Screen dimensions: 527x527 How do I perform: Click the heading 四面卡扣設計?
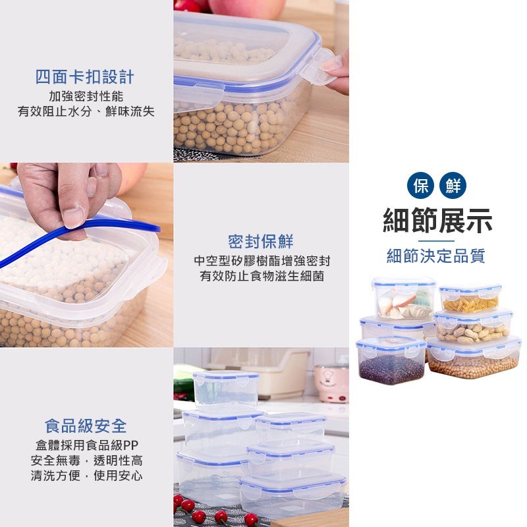85,77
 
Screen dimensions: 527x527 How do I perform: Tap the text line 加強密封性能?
86,96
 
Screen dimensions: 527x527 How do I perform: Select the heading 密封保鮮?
261,241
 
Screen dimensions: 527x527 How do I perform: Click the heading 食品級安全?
86,426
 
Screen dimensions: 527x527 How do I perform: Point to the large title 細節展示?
437,221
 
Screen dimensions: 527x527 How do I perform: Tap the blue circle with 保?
420,186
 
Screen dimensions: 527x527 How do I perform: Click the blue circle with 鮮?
453,186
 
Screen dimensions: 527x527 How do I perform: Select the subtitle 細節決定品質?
436,256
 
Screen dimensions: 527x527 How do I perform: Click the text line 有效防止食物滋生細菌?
262,276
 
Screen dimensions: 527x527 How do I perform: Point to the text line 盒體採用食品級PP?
87,445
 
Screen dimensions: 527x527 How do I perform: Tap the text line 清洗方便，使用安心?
87,476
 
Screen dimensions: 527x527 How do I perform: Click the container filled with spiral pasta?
470,298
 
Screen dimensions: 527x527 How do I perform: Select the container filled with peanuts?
473,327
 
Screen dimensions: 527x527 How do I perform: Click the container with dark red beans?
391,360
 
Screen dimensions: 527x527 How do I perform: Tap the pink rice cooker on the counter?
331,383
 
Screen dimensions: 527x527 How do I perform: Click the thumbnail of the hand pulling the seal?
87,255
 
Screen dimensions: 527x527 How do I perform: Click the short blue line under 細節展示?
436,240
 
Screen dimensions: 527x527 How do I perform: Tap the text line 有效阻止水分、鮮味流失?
86,111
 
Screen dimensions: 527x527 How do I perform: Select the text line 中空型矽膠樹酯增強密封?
262,261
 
